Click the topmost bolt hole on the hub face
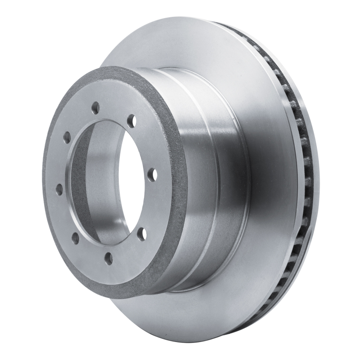(x=95, y=107)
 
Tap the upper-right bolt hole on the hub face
(x=131, y=121)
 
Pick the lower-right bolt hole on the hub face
(x=141, y=233)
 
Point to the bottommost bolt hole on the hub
(x=108, y=257)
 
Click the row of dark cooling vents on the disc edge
(x=306, y=180)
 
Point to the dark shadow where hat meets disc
(x=189, y=288)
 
